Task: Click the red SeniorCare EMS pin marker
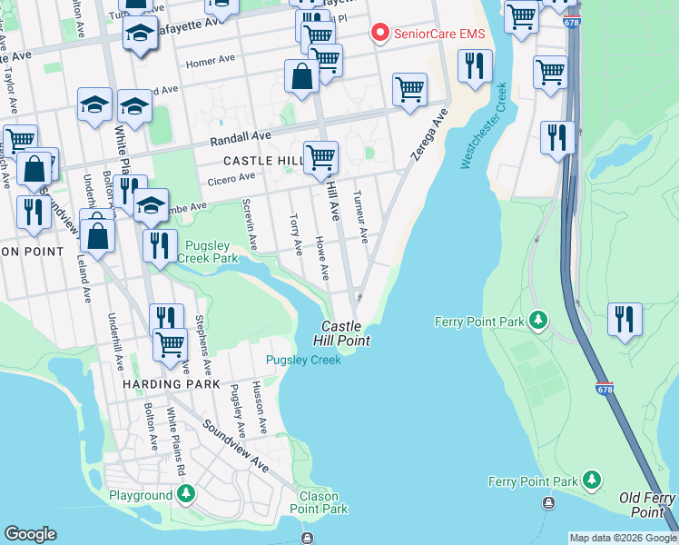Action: click(x=379, y=34)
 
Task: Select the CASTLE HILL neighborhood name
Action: click(x=261, y=160)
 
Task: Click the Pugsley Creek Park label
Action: click(x=212, y=252)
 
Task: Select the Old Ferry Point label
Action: click(x=648, y=505)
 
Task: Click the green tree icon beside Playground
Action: click(x=186, y=495)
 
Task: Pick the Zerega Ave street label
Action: click(x=428, y=135)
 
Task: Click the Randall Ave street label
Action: click(x=241, y=138)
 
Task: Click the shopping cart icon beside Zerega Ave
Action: click(x=409, y=89)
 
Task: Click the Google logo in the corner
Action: click(x=30, y=534)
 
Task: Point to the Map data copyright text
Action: click(x=623, y=538)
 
